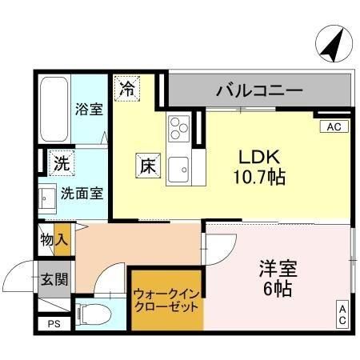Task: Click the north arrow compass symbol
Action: (x=334, y=43)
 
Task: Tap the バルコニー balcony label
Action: (x=259, y=90)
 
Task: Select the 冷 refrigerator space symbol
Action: (x=127, y=89)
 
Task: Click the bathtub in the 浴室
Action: (x=54, y=109)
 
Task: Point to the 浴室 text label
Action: (x=89, y=110)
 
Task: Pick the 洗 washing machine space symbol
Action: (x=62, y=163)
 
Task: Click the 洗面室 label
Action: (x=82, y=194)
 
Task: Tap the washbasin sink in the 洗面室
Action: (x=47, y=198)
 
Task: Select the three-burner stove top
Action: (x=178, y=129)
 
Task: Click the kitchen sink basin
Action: (x=178, y=170)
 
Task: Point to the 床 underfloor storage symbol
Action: (x=148, y=166)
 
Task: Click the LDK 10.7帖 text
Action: (x=259, y=167)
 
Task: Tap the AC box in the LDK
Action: (x=334, y=126)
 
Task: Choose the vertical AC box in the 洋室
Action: (x=342, y=314)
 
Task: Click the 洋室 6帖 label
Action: (x=278, y=278)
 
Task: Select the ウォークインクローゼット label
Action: (x=166, y=301)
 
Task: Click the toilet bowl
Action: (x=93, y=314)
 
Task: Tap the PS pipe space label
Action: (x=54, y=324)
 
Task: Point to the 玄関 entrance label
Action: (x=54, y=279)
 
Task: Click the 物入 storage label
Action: (x=54, y=239)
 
